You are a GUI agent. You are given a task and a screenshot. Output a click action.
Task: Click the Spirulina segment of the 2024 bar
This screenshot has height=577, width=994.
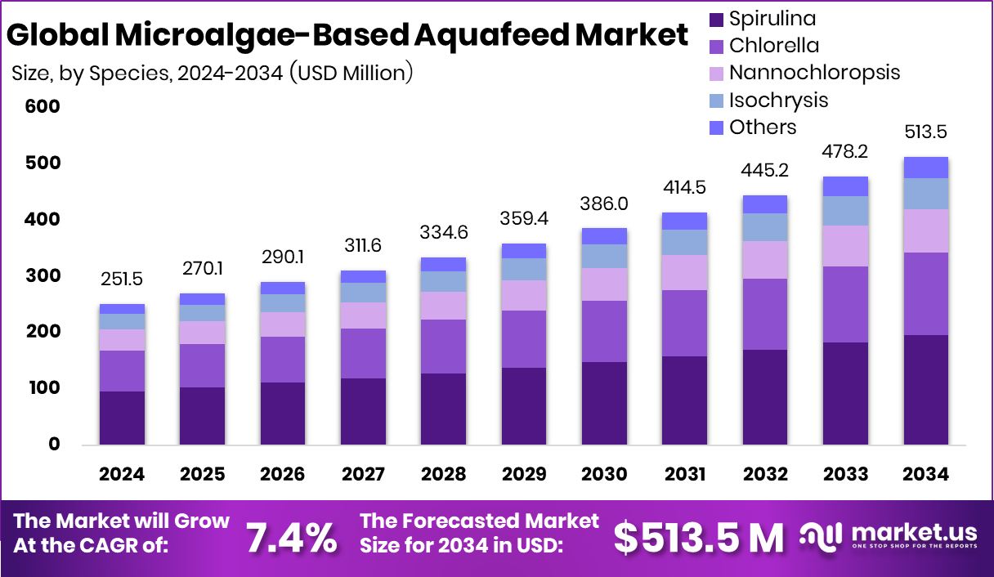(x=122, y=418)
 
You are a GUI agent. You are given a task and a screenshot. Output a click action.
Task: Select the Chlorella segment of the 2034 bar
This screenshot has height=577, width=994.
(x=925, y=293)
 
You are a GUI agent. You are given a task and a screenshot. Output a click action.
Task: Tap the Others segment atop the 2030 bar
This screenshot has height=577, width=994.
(x=604, y=236)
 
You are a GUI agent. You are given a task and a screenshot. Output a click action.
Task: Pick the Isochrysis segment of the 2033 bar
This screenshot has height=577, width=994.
(x=845, y=211)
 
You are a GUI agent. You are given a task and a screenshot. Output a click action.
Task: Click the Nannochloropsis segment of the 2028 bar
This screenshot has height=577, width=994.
(x=443, y=306)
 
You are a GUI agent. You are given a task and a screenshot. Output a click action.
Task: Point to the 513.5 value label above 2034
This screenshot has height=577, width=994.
(x=925, y=133)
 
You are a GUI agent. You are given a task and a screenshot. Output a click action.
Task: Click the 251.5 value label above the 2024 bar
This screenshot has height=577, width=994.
(x=122, y=280)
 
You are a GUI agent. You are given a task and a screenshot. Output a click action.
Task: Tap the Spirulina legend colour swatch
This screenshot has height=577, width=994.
(x=716, y=19)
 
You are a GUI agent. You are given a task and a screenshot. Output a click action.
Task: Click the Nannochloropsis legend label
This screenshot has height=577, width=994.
(x=814, y=72)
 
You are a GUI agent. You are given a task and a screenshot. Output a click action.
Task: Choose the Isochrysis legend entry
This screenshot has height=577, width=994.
(x=778, y=100)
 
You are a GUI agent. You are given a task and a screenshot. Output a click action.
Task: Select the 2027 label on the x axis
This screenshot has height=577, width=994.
(x=363, y=475)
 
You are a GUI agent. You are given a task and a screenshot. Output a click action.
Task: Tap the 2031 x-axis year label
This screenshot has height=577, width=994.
(x=684, y=475)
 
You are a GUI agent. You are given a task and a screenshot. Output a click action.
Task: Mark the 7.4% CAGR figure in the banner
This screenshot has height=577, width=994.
(x=292, y=537)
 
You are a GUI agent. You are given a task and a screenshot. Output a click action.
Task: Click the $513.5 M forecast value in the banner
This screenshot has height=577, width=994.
(x=699, y=537)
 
